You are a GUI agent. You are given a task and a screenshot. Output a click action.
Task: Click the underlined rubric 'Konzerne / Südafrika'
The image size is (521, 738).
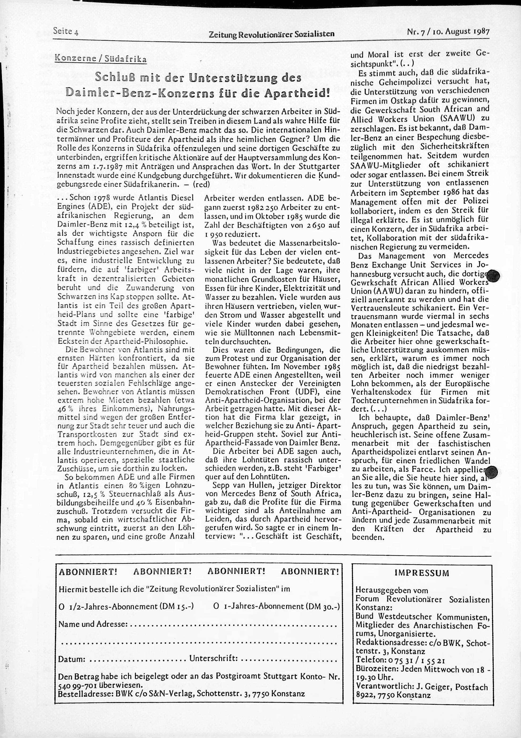click(x=101, y=59)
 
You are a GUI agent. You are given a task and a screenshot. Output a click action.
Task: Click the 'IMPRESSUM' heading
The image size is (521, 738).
click(x=422, y=573)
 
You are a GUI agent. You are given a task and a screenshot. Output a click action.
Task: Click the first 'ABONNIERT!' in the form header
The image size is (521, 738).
click(x=88, y=571)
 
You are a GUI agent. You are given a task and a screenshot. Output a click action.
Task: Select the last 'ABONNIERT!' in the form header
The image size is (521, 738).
click(x=310, y=571)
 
